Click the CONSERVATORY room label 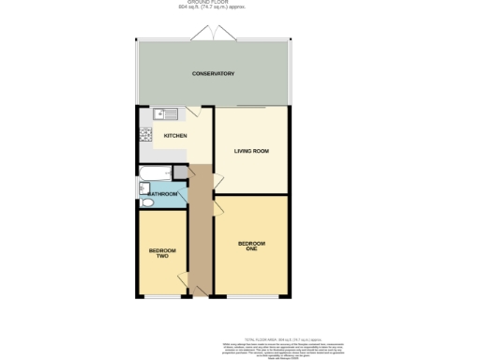point(213,74)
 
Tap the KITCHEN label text point(175,136)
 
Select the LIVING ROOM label point(251,151)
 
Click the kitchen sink point(166,113)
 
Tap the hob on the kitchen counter point(146,137)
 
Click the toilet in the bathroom point(146,202)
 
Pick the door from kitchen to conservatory point(191,112)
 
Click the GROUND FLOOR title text point(213,3)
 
